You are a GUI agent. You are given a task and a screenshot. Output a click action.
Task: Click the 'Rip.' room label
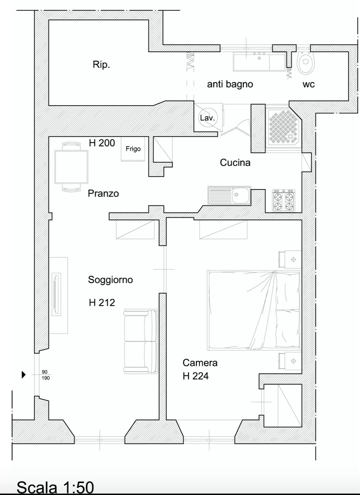click(101, 65)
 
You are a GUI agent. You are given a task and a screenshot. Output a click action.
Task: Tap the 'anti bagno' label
click(230, 84)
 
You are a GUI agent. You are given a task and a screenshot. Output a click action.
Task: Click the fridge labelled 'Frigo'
click(133, 149)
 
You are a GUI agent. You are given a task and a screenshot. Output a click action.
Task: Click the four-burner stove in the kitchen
click(283, 201)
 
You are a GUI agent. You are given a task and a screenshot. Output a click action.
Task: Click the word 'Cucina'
click(235, 163)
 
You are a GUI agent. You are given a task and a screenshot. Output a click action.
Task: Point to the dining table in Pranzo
click(71, 167)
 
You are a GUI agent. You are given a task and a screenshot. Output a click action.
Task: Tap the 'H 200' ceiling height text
click(102, 143)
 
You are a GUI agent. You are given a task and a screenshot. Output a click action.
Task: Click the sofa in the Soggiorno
click(140, 341)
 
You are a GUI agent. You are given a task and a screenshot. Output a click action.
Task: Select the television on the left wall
click(56, 294)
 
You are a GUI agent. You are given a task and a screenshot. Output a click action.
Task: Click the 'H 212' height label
click(102, 302)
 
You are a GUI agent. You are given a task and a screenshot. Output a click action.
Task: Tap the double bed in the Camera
click(254, 310)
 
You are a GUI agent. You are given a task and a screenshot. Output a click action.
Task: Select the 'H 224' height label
click(196, 376)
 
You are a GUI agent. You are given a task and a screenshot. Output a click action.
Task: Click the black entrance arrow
click(24, 375)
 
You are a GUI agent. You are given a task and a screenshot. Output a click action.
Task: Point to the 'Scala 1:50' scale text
click(55, 487)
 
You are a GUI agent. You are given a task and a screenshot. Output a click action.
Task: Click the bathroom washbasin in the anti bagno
click(259, 61)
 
